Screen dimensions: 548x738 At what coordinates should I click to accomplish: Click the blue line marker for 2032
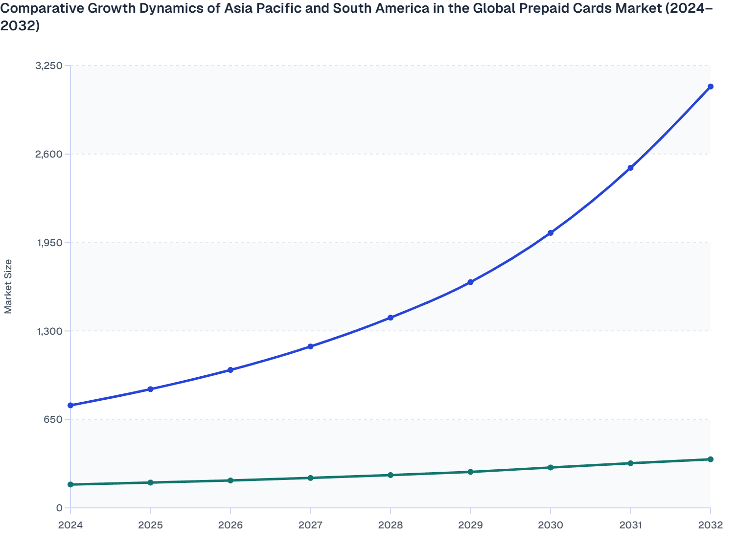[x=710, y=87]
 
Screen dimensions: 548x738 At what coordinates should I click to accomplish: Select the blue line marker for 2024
[x=70, y=405]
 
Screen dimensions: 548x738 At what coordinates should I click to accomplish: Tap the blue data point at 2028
[x=391, y=318]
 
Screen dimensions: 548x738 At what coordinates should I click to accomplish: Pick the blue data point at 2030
[x=551, y=233]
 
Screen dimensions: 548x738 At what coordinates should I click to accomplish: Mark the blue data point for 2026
[x=231, y=370]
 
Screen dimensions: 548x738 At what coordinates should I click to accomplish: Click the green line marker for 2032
[x=710, y=459]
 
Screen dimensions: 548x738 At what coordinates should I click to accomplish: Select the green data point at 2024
[x=70, y=484]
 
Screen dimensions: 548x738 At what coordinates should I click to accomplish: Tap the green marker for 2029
[x=470, y=472]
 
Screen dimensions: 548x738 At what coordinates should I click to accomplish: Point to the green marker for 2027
[x=310, y=478]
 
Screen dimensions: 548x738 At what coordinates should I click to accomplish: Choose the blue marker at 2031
[x=630, y=168]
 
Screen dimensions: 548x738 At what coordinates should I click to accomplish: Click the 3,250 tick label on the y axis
[x=48, y=66]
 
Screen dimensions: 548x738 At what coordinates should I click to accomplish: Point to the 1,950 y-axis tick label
[x=48, y=243]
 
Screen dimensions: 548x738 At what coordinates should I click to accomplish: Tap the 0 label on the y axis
[x=59, y=508]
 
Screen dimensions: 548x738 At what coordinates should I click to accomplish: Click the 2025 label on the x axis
[x=150, y=525]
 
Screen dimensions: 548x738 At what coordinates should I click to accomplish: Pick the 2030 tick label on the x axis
[x=551, y=525]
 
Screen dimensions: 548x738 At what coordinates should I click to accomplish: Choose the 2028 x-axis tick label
[x=391, y=525]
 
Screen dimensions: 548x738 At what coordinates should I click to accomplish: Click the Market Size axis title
[x=8, y=286]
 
